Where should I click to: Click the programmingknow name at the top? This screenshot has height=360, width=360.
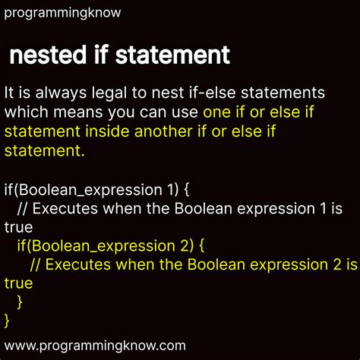tap(62, 13)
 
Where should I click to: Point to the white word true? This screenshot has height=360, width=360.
tap(18, 226)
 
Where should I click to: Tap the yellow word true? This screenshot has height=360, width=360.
tap(18, 283)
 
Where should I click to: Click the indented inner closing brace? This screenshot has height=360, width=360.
tap(20, 302)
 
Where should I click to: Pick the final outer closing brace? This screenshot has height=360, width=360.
tap(7, 320)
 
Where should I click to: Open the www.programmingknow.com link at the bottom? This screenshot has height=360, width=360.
tap(94, 345)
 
